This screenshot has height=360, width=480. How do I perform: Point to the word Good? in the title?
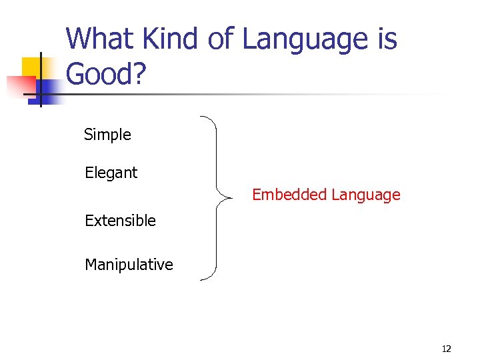click(x=106, y=75)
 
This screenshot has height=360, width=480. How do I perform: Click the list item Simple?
click(x=107, y=135)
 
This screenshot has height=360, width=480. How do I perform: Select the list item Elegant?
click(x=111, y=173)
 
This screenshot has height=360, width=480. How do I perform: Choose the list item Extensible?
click(x=120, y=221)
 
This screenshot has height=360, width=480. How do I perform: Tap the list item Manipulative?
click(x=129, y=265)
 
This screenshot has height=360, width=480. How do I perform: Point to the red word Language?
click(x=365, y=195)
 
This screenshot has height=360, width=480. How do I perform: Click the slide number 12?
click(x=446, y=349)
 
